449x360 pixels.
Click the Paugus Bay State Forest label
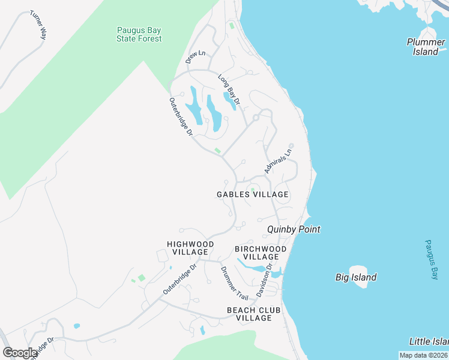[139, 34]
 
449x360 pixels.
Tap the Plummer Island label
[426, 47]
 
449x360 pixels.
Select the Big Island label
[356, 277]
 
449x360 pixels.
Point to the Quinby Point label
[294, 229]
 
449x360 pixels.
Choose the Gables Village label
[253, 194]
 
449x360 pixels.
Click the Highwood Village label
[190, 248]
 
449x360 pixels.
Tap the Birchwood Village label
[261, 253]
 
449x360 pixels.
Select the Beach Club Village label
[250, 314]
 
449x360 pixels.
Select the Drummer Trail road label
[234, 283]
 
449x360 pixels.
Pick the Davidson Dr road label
[264, 280]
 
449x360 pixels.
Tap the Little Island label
[429, 341]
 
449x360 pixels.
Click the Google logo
[20, 353]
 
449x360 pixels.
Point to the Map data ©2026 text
[422, 355]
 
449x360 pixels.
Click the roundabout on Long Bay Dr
[256, 118]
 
